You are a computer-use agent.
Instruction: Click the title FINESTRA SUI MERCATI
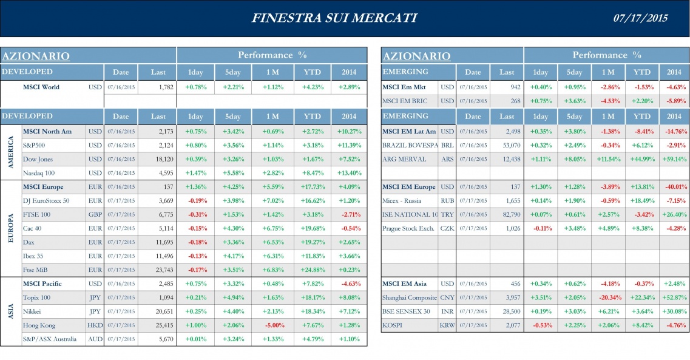coord(334,18)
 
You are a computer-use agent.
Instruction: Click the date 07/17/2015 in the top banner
coord(640,18)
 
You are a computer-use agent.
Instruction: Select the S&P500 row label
coord(34,146)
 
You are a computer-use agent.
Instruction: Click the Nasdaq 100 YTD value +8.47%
coord(312,173)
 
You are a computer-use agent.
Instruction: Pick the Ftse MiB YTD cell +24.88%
coord(312,270)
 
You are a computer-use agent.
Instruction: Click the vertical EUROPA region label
coord(10,228)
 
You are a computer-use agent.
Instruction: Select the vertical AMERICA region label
coord(10,152)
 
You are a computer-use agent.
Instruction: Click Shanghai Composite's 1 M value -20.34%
coord(607,297)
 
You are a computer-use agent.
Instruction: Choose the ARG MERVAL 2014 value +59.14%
coord(674,159)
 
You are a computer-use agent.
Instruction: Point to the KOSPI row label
coord(393,325)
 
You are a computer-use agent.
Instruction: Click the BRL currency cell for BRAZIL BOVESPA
coord(447,146)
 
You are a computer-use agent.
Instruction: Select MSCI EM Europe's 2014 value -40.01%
coord(674,186)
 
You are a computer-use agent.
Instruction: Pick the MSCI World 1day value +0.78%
coord(195,87)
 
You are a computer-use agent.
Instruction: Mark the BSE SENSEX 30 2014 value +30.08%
coord(674,311)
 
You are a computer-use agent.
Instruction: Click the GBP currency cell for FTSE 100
coord(95,214)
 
